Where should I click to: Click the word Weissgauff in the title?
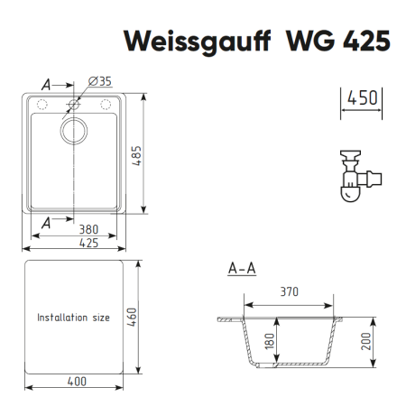[185, 42]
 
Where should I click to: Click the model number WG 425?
[337, 42]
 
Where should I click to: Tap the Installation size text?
[73, 318]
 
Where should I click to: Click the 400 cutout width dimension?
[76, 382]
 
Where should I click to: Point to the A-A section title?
[241, 268]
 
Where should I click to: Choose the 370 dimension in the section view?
[288, 291]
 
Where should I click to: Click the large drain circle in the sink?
[73, 132]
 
